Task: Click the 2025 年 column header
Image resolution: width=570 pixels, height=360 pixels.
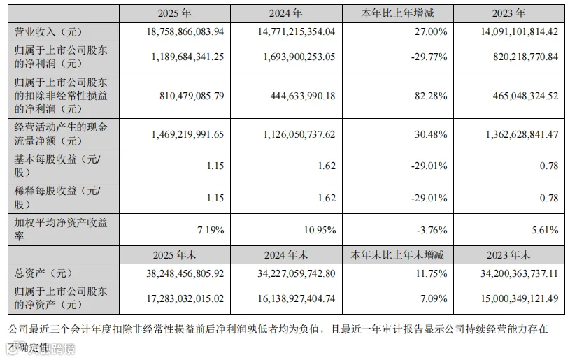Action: coord(174,13)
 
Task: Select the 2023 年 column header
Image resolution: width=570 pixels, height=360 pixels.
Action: coord(508,13)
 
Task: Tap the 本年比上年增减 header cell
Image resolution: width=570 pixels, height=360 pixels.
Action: coord(397,13)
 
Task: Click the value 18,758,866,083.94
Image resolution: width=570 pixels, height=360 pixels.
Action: coord(185,31)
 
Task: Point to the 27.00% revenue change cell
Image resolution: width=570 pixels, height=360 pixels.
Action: coord(431,31)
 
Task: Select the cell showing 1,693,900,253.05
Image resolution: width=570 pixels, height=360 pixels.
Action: coord(299,57)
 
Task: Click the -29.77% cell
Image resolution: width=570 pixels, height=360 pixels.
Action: coord(429,57)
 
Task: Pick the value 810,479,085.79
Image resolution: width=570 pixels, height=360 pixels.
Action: coord(192,96)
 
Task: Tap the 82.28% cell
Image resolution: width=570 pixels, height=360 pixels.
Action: coord(431,96)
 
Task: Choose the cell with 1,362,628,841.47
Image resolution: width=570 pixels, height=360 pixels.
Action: coord(522,134)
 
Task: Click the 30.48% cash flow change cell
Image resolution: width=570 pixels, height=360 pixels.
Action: coord(431,134)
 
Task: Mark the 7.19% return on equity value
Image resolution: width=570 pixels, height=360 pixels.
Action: coord(211,230)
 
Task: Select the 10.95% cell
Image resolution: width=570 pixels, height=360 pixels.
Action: coord(320,230)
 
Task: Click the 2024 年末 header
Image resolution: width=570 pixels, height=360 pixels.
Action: coord(286,255)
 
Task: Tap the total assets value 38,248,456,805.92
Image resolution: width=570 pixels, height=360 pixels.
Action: coord(185,273)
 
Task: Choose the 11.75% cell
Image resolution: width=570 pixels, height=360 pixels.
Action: coord(432,273)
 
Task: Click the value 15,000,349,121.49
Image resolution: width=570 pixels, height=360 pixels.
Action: coord(520,298)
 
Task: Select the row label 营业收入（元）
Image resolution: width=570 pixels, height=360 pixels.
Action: coord(48,32)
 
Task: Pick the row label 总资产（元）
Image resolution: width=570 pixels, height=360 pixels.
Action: coord(43,273)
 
